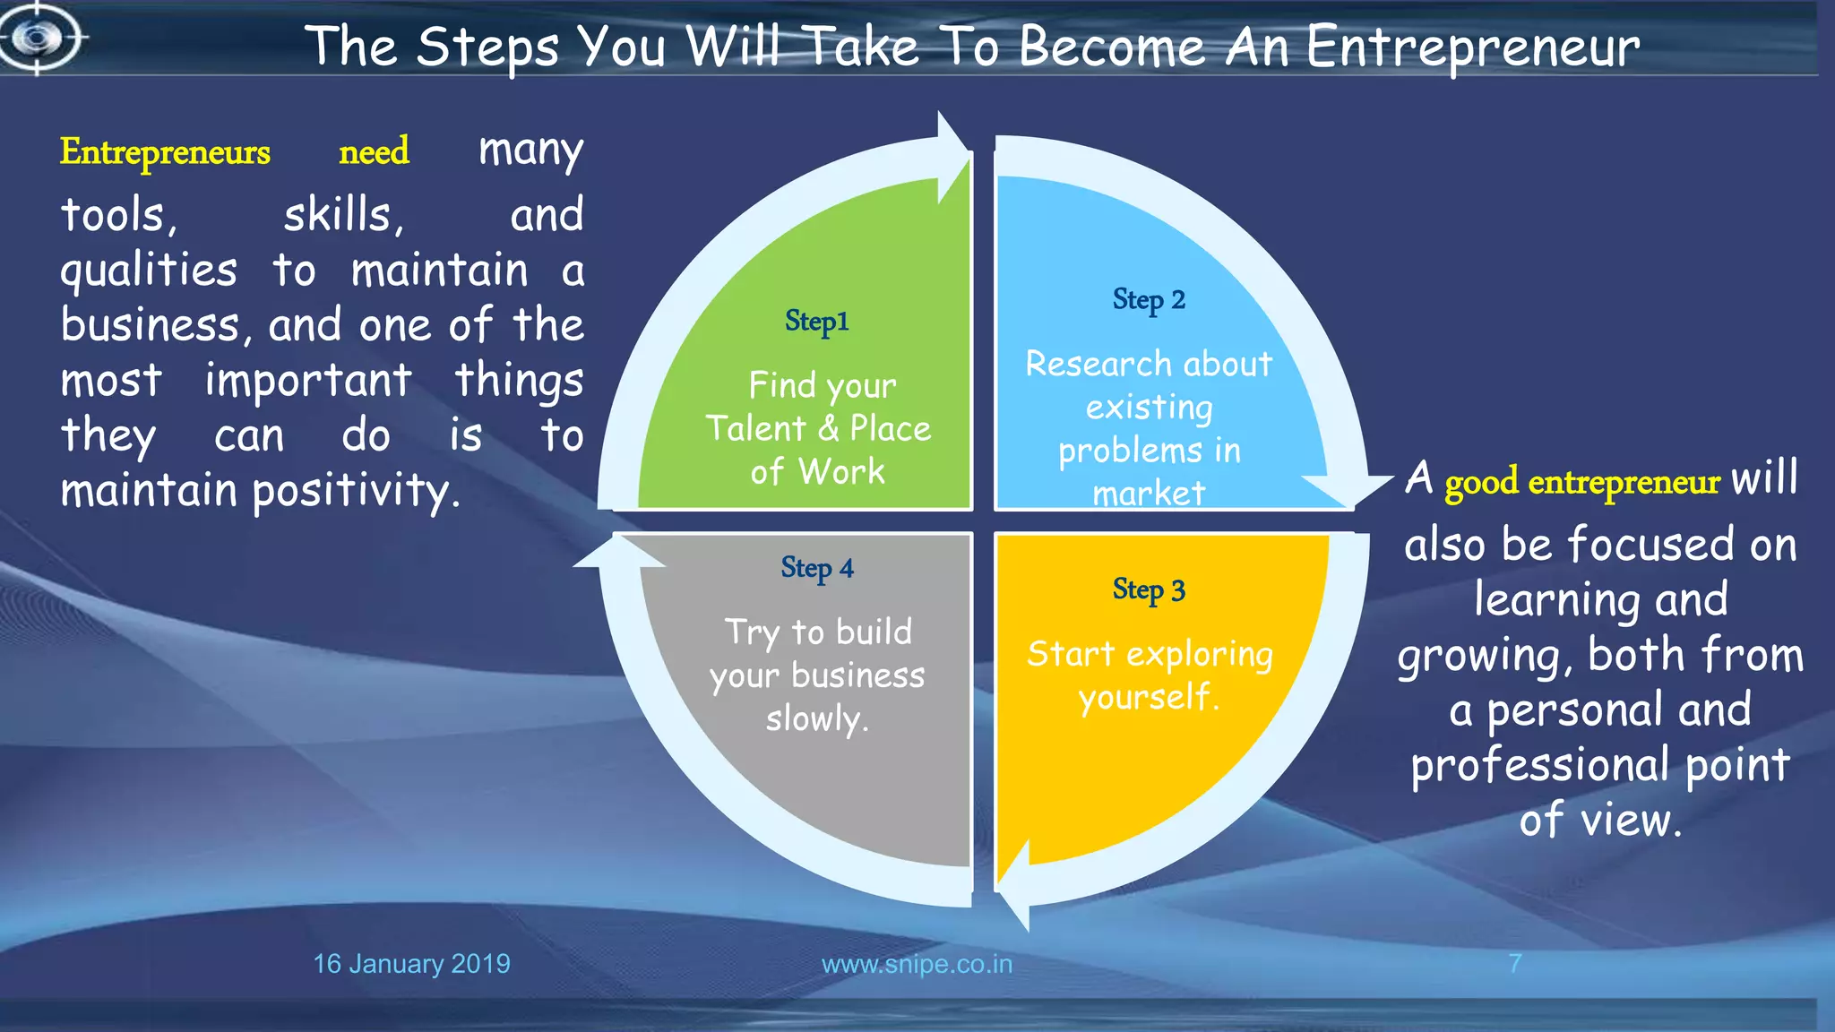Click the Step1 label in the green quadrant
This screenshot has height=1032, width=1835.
[x=816, y=321]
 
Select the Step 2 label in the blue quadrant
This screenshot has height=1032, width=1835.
[x=1149, y=299]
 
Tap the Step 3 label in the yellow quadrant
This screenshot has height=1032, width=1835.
[x=1149, y=589]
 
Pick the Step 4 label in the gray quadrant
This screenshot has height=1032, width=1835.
[x=816, y=568]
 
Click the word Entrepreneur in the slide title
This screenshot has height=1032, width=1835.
[x=1472, y=47]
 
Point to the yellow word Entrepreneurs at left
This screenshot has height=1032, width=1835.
[x=165, y=152]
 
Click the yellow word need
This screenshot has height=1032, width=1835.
[x=374, y=150]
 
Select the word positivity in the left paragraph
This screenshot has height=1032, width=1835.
[x=356, y=491]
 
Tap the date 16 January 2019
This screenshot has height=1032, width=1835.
[x=411, y=964]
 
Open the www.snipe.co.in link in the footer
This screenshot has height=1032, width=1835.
[x=917, y=964]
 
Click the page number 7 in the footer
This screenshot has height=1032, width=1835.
[x=1514, y=964]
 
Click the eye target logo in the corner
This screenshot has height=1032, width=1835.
[x=38, y=38]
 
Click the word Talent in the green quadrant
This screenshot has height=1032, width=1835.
[x=755, y=428]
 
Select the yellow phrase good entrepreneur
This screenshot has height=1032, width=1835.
[x=1581, y=482]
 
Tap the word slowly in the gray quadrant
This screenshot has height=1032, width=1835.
[x=816, y=718]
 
